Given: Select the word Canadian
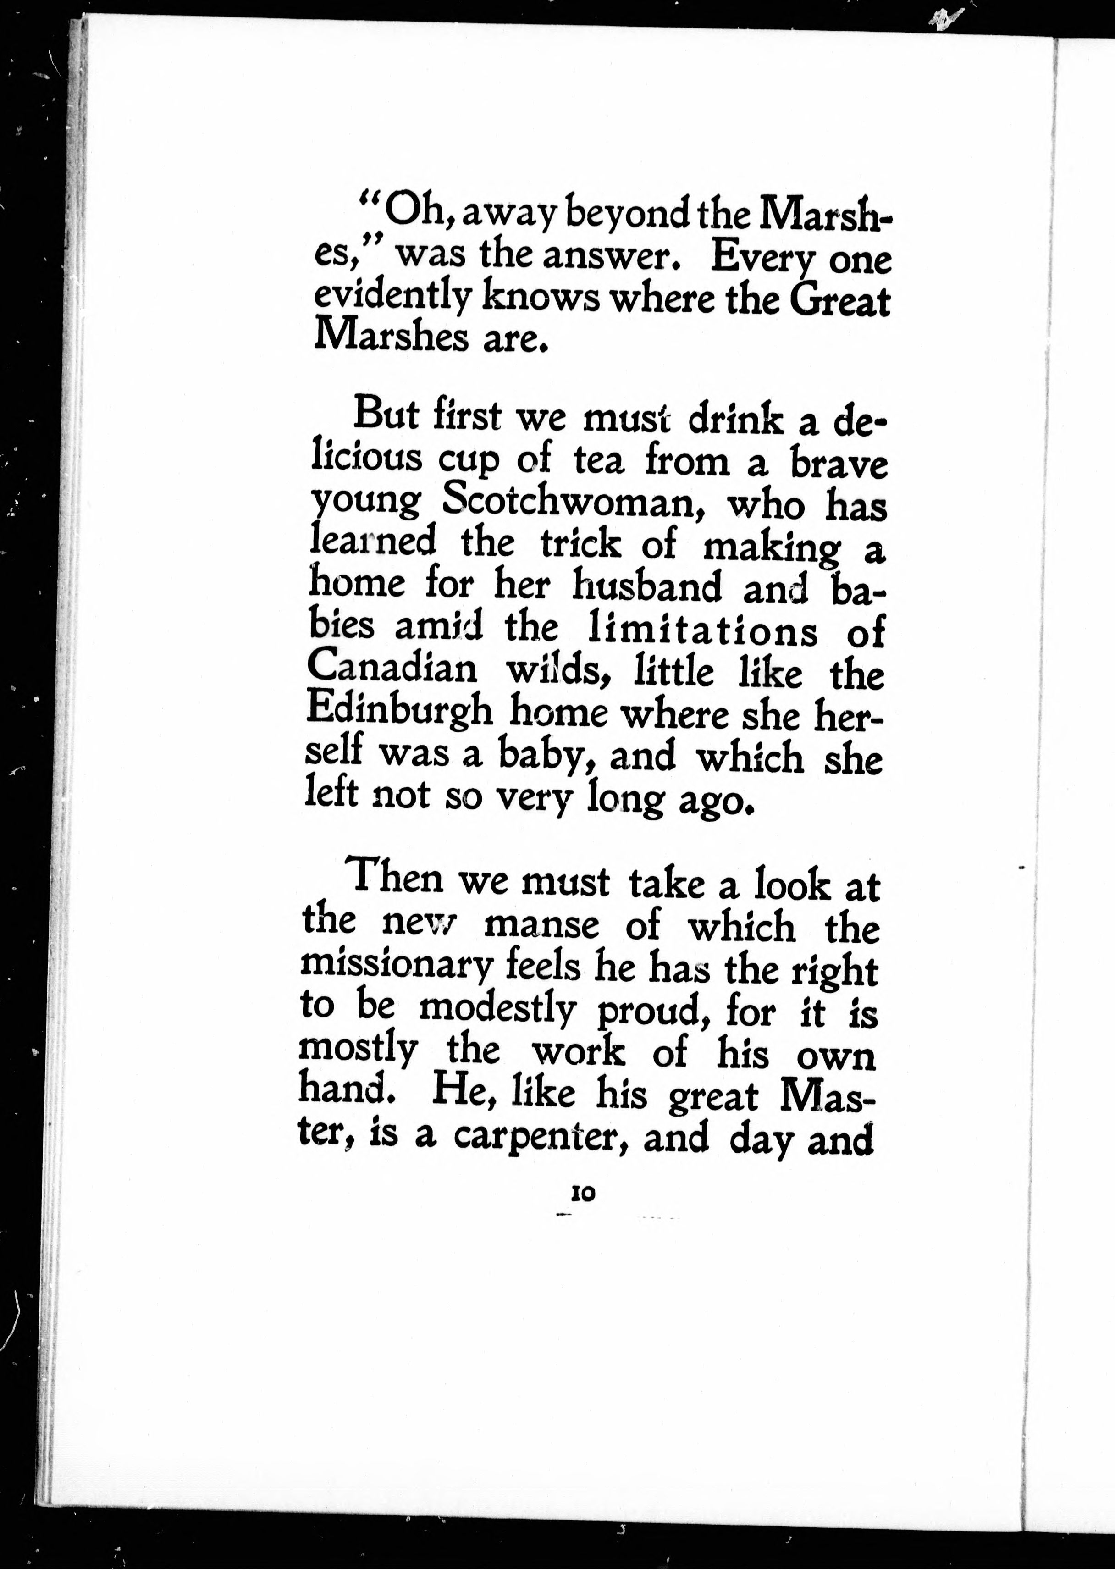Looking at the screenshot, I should (x=392, y=668).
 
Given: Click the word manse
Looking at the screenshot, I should (x=542, y=925).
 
